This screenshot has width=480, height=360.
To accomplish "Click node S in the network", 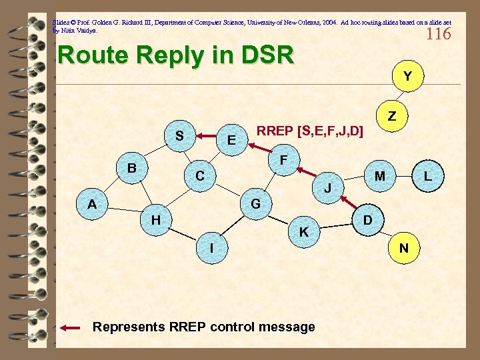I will pyautogui.click(x=179, y=135).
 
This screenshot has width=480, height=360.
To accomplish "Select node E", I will pyautogui.click(x=231, y=140).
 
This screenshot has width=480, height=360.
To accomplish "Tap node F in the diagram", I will pyautogui.click(x=283, y=161).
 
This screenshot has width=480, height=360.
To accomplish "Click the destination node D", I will pyautogui.click(x=366, y=219).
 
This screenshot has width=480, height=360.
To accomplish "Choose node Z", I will pyautogui.click(x=392, y=116).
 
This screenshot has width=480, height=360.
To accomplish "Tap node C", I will pyautogui.click(x=199, y=176).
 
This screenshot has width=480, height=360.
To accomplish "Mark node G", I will pyautogui.click(x=255, y=203).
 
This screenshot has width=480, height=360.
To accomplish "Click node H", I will pyautogui.click(x=155, y=219).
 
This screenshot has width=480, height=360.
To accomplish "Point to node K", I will pyautogui.click(x=303, y=232).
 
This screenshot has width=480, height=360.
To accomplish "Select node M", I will pyautogui.click(x=379, y=176).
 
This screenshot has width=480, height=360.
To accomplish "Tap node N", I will pyautogui.click(x=403, y=248).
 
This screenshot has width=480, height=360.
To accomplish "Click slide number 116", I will pyautogui.click(x=438, y=33).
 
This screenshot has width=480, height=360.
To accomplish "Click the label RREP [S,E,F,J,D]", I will pyautogui.click(x=310, y=131).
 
